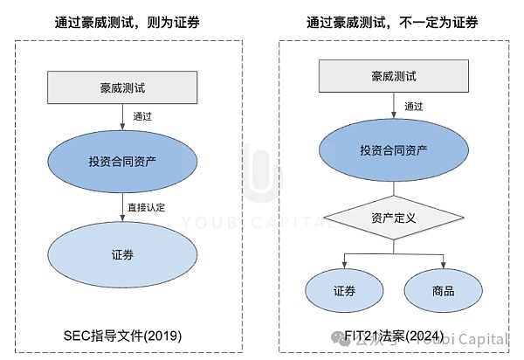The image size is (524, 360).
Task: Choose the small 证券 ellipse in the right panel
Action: tap(343, 290)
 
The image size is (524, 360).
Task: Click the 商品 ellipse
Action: tap(443, 290)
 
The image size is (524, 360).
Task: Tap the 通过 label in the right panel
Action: tap(414, 106)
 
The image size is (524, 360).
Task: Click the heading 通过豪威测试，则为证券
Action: tap(123, 21)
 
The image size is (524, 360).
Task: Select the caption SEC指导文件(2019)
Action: tap(121, 336)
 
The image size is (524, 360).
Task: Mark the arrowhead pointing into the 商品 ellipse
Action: tap(443, 266)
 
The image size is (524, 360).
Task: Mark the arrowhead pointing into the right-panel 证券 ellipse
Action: tap(343, 266)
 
